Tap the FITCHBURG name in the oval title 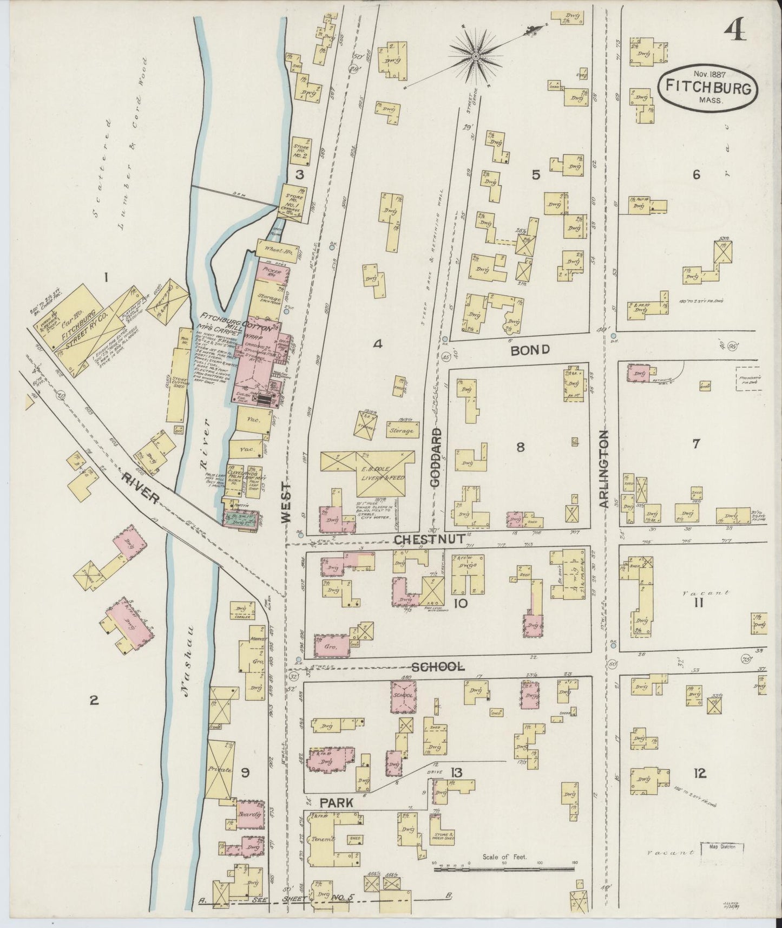click(708, 87)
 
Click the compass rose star click(476, 56)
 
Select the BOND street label click(531, 350)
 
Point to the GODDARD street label click(437, 456)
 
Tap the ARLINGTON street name click(604, 469)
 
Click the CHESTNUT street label click(429, 539)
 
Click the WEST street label click(285, 504)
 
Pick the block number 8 click(520, 447)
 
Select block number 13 click(456, 773)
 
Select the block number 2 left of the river click(94, 701)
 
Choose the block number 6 click(696, 174)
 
